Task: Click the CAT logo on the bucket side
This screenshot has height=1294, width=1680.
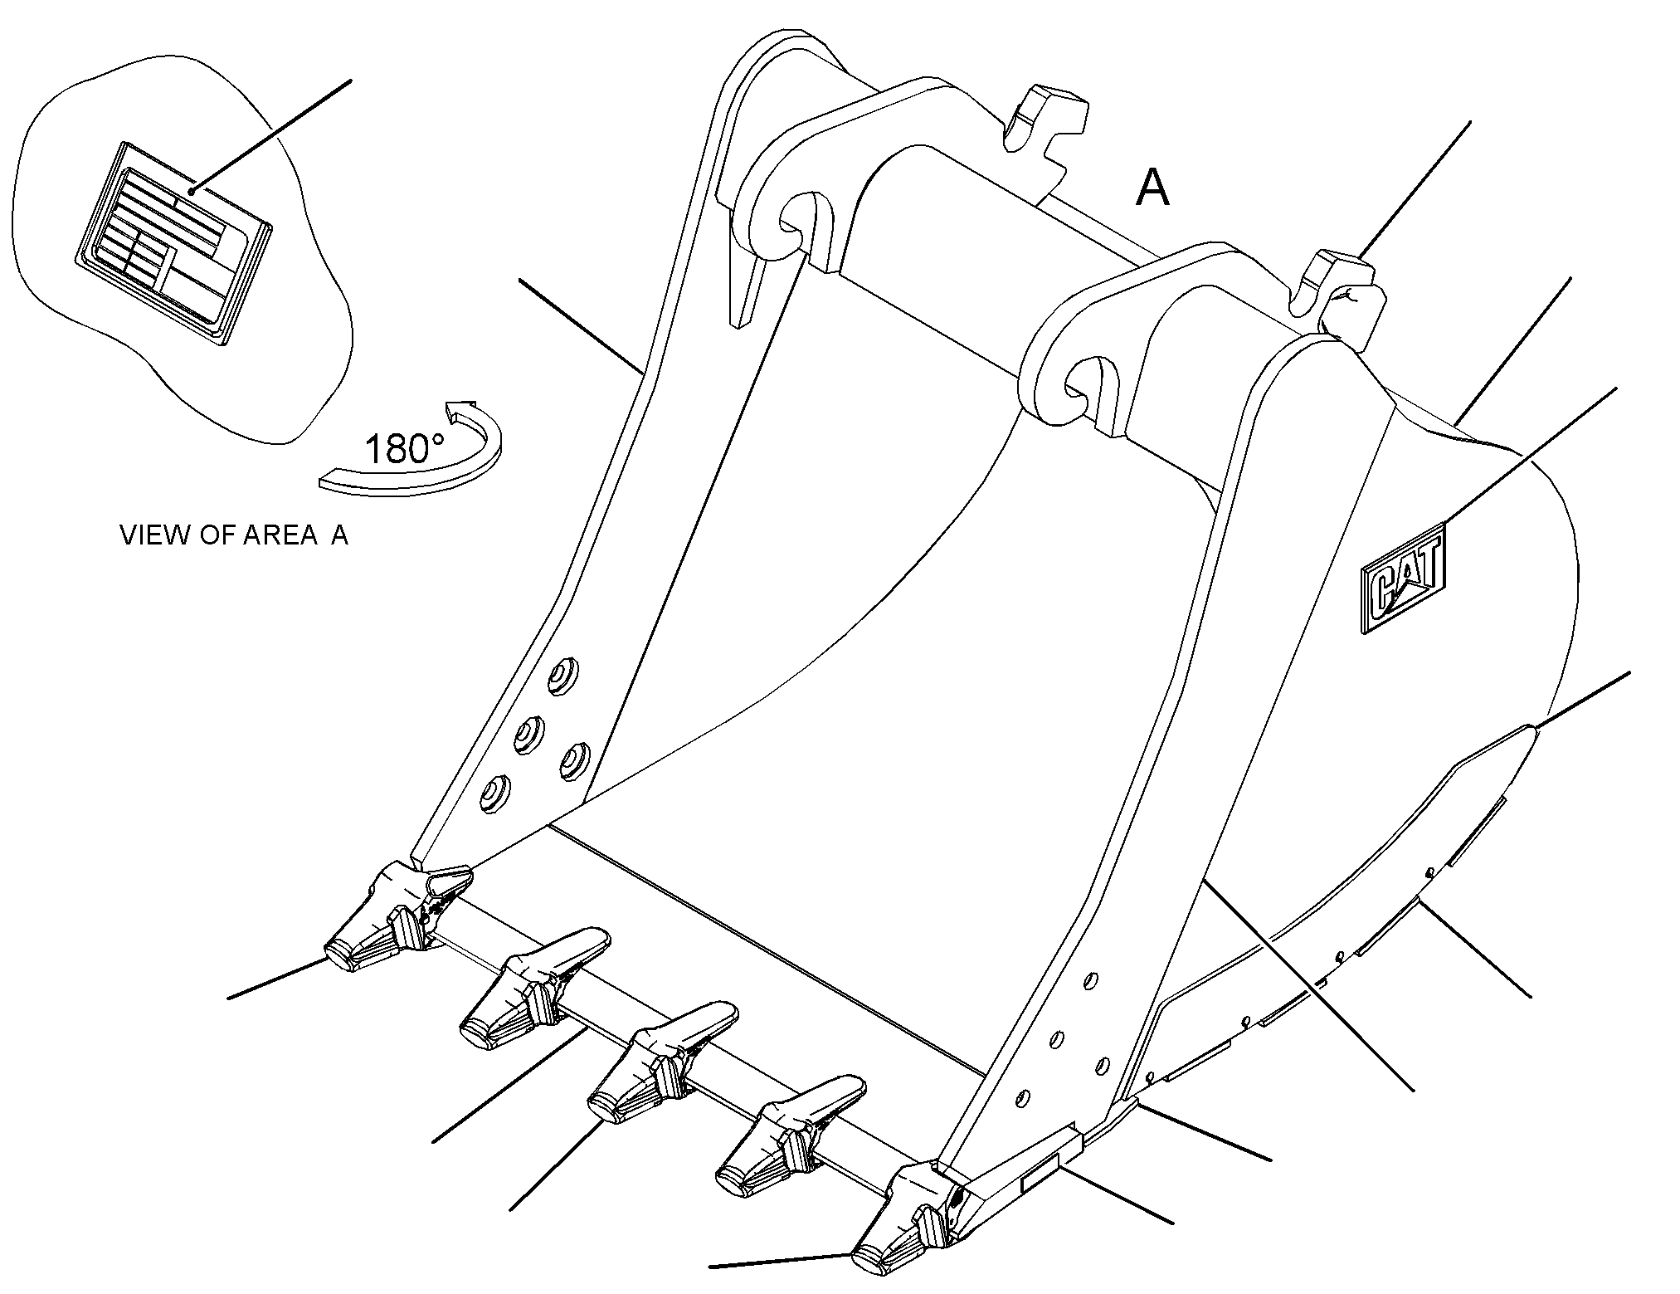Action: [x=1404, y=578]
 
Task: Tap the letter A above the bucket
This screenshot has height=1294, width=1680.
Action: [x=1152, y=188]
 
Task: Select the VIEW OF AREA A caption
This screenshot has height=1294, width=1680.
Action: [x=234, y=535]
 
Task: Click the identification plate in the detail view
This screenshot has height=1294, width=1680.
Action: [x=173, y=242]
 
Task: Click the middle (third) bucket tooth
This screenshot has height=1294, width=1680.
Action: [x=661, y=1062]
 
